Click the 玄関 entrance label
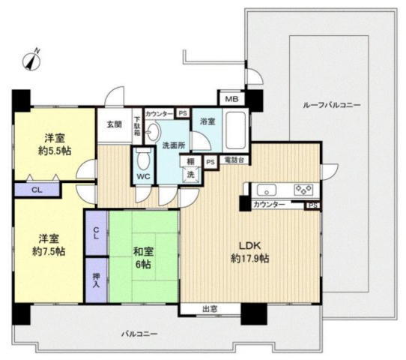click(114, 124)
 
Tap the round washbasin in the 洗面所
click(151, 132)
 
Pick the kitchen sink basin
click(267, 189)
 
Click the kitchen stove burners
click(303, 189)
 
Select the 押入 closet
click(97, 278)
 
